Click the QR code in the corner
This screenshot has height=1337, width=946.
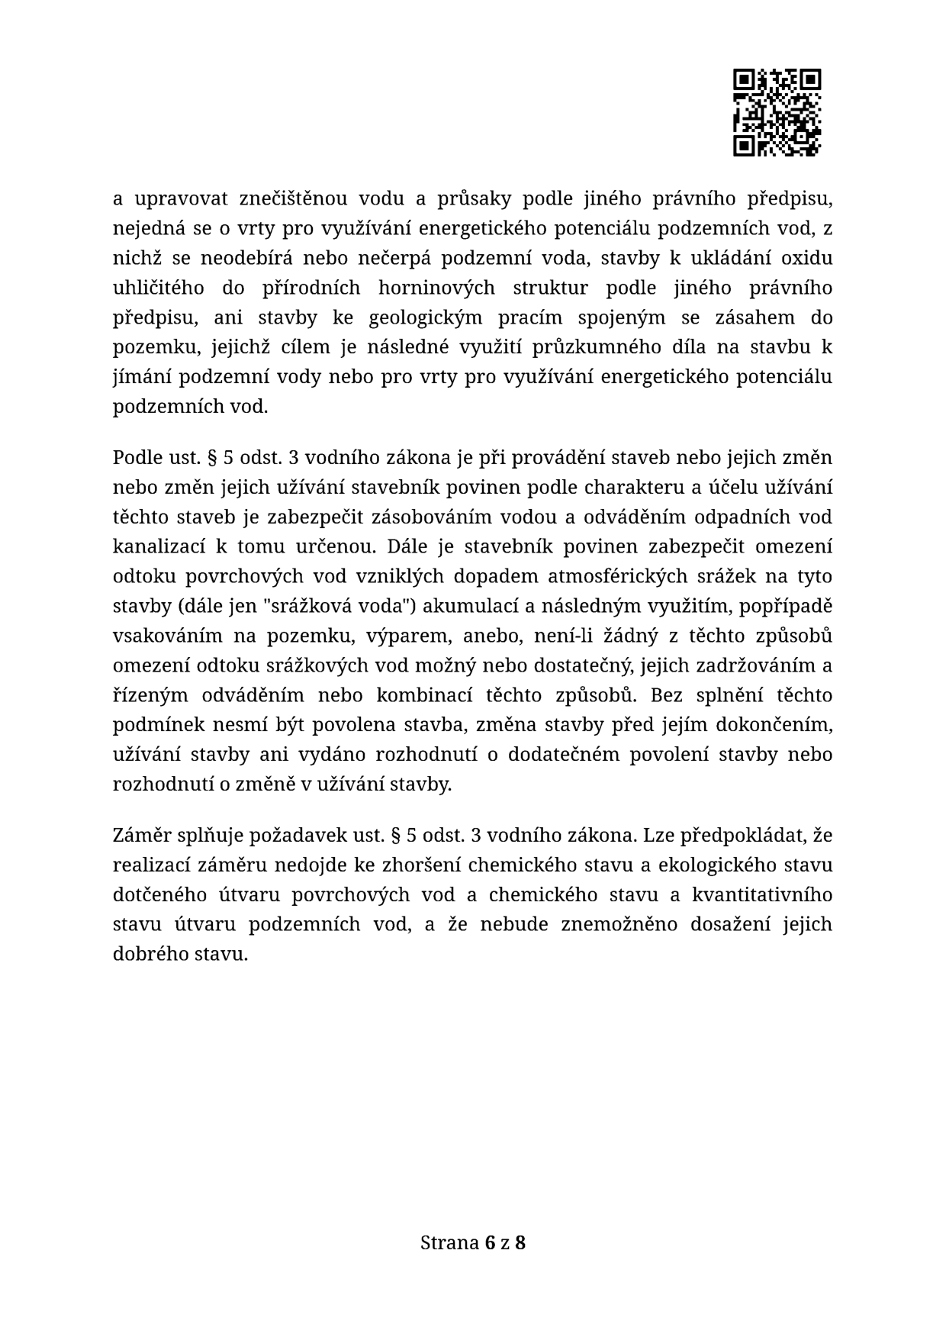(x=777, y=112)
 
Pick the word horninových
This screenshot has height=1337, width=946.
(x=436, y=288)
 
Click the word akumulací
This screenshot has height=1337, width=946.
(x=466, y=606)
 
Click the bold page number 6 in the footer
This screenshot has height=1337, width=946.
(x=489, y=1243)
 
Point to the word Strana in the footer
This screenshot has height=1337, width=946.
(x=449, y=1243)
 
